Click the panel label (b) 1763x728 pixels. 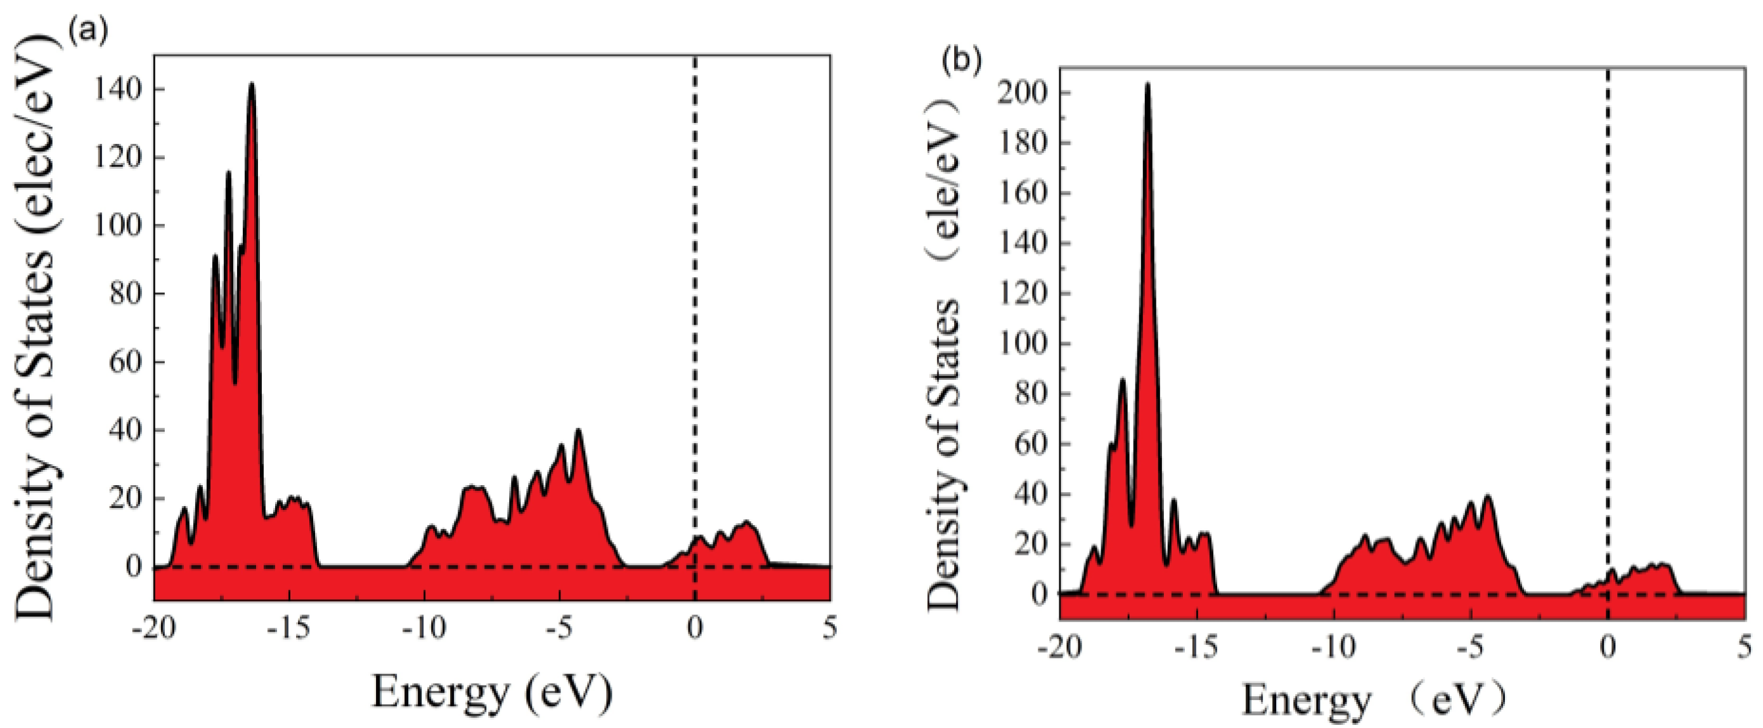(962, 61)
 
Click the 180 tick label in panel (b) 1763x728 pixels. (1023, 143)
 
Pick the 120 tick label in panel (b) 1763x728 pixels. (1023, 294)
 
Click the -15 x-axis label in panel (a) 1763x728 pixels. (288, 628)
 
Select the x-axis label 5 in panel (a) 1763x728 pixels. (829, 628)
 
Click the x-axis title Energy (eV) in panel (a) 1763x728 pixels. (491, 692)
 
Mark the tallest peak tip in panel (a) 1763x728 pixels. (252, 84)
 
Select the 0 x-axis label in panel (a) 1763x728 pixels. (695, 628)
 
